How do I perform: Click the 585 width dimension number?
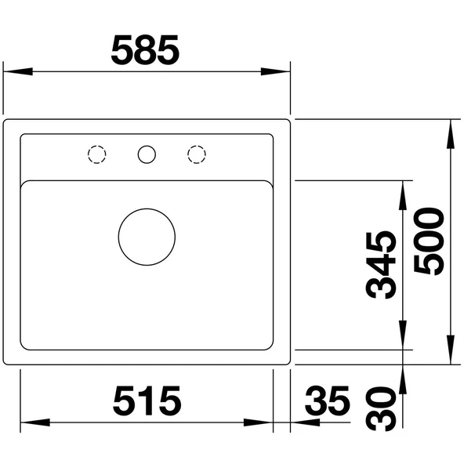[145, 50]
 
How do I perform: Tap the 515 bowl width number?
[147, 401]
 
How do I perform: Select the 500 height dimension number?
[429, 241]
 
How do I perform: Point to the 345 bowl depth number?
[381, 265]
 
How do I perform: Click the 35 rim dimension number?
[328, 401]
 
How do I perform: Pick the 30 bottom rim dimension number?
[381, 409]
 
